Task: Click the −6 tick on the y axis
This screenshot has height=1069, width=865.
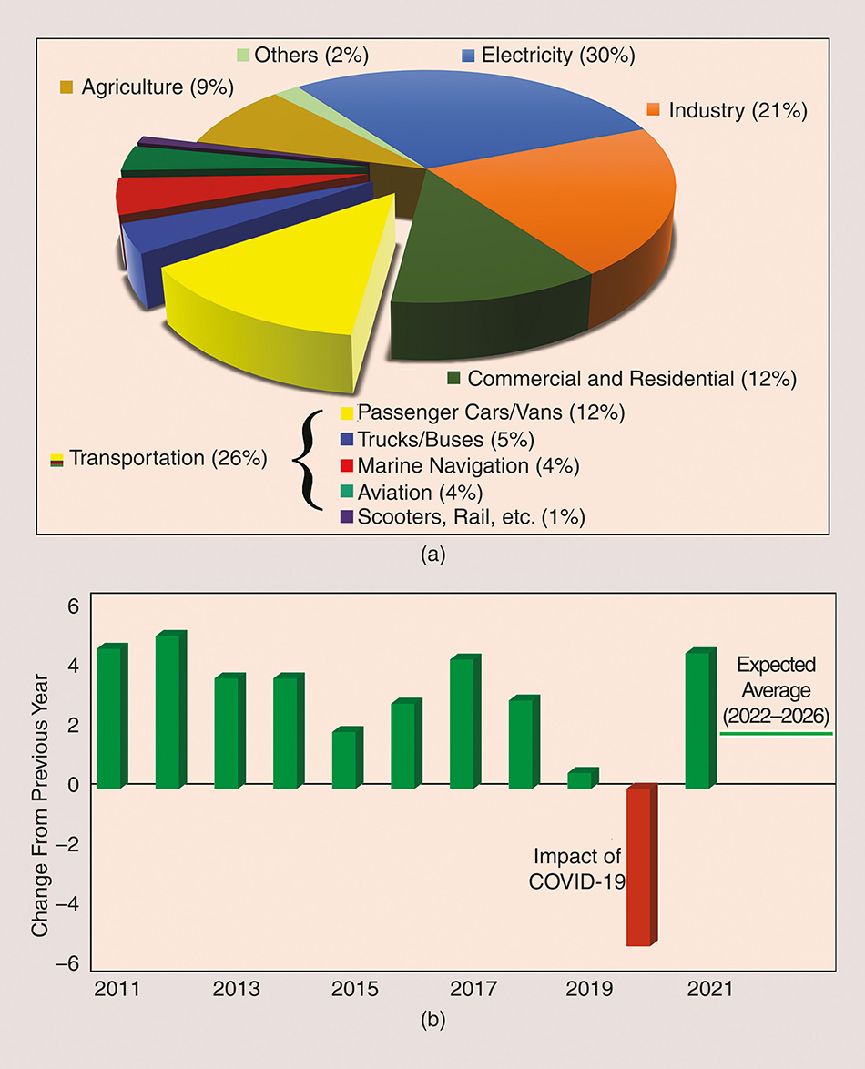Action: (x=69, y=963)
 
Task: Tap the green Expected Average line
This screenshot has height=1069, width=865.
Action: (x=777, y=733)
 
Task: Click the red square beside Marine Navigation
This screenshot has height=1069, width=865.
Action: (x=346, y=467)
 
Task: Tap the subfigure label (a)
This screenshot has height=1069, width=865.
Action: (x=432, y=554)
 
